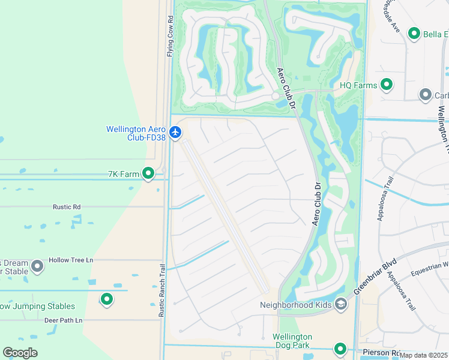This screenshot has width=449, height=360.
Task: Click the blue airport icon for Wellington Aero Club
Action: (175, 132)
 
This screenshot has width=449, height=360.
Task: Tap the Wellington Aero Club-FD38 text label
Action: (136, 133)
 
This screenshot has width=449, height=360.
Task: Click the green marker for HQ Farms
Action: (387, 85)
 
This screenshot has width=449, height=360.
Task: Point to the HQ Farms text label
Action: (358, 85)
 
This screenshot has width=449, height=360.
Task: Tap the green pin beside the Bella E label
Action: (414, 34)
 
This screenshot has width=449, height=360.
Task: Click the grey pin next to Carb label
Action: (426, 95)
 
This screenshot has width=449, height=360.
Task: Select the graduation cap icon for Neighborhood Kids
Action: (341, 305)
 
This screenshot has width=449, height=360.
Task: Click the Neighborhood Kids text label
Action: (295, 305)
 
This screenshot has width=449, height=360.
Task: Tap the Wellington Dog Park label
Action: (292, 341)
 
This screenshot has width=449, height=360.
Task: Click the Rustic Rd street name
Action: (67, 207)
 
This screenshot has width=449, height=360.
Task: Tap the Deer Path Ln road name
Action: (63, 320)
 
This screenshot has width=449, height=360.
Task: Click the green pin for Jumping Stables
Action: (107, 299)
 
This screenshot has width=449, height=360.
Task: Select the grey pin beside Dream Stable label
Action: (37, 265)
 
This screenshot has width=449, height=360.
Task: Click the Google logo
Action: (20, 352)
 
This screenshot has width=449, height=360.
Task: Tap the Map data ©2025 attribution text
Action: (423, 355)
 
